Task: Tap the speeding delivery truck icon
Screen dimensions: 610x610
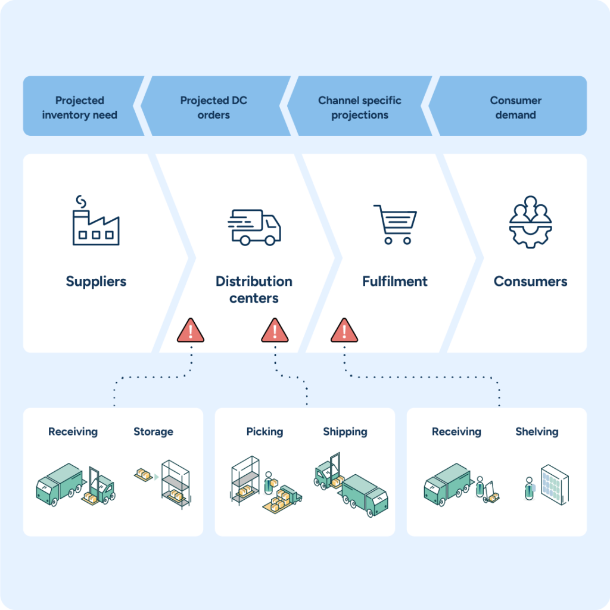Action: pos(254,227)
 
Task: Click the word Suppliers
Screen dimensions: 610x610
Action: pos(96,281)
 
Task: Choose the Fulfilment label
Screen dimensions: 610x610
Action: pos(395,281)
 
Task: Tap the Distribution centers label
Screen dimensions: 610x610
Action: pos(254,290)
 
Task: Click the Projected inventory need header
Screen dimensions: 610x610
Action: pos(80,108)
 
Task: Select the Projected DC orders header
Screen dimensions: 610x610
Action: pos(213,108)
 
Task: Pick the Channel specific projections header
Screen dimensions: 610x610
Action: pos(360,108)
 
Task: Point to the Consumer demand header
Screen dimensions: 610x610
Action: pos(516,108)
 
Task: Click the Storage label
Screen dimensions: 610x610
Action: pos(153,432)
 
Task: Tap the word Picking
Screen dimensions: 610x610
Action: pos(264,432)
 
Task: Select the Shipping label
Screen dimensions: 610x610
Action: pos(345,432)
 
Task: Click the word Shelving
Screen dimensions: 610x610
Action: pos(537,432)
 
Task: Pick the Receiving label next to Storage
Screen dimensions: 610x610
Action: pos(73,432)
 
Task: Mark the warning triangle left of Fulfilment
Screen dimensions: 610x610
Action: pos(344,330)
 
